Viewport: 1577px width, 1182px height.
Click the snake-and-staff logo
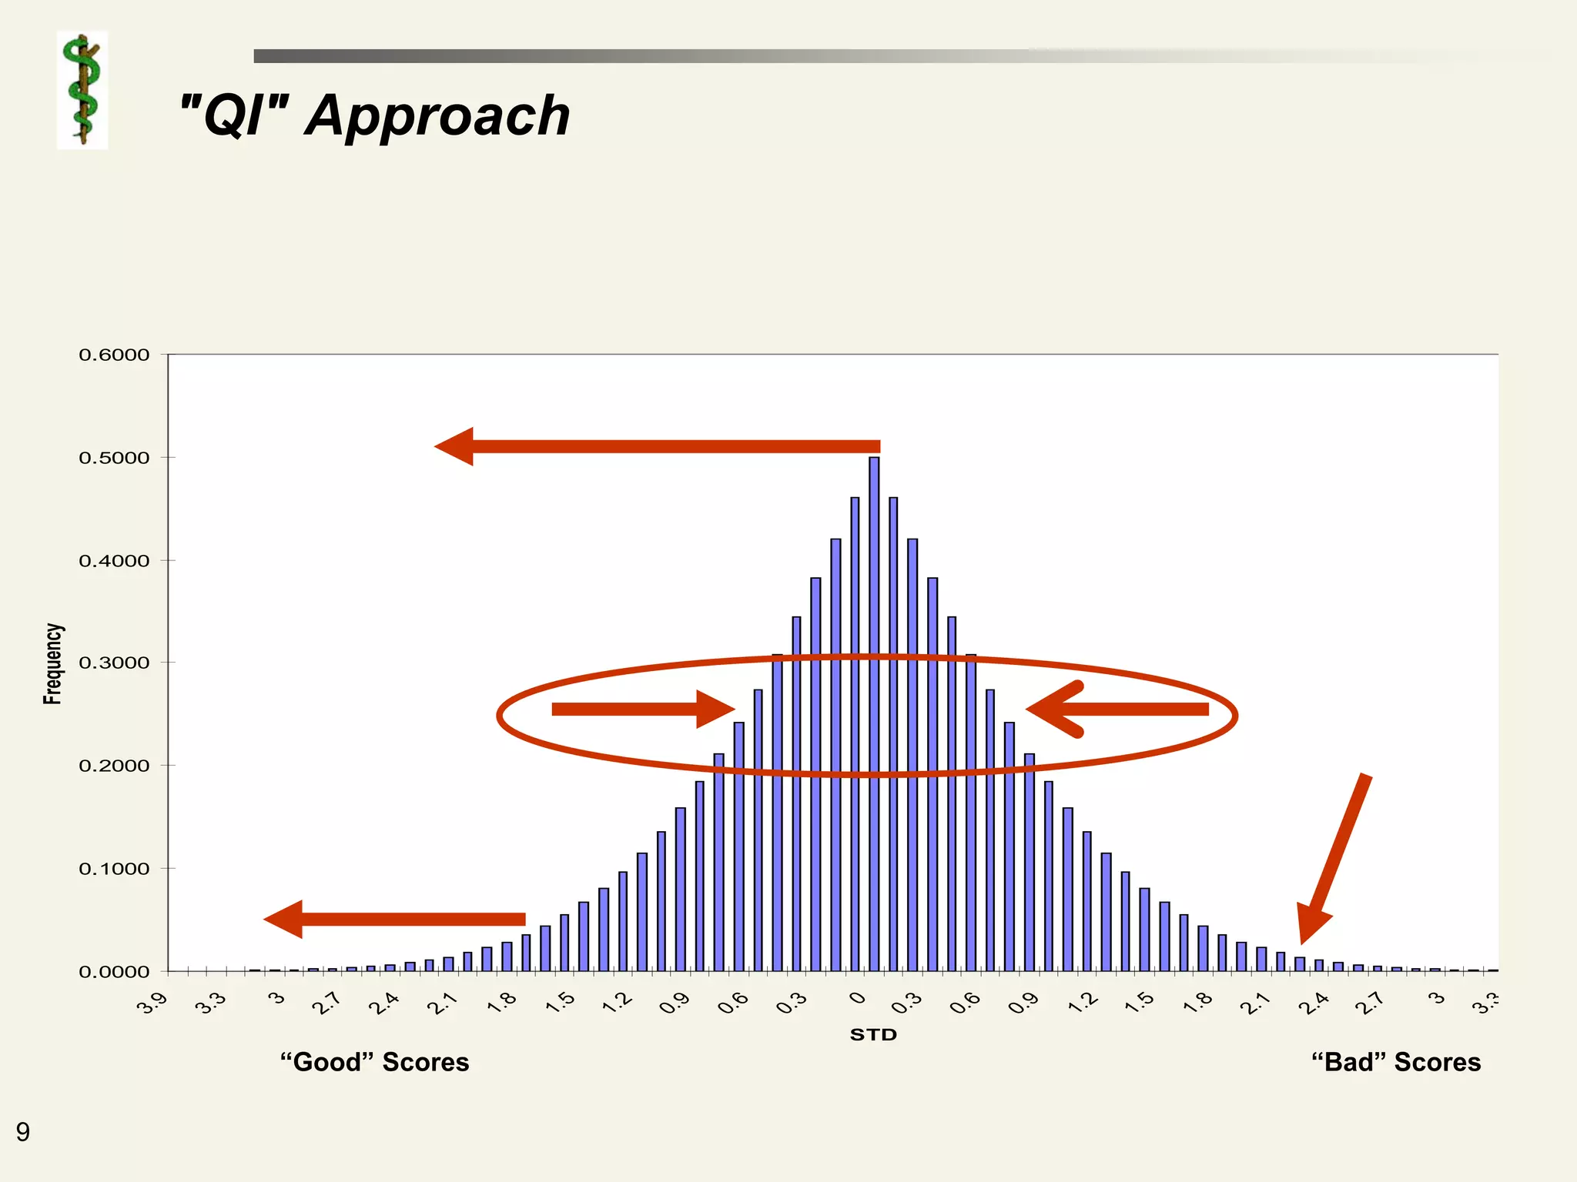click(x=82, y=90)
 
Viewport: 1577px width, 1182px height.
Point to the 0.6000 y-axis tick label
click(x=114, y=355)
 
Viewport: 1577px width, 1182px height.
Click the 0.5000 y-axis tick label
click(x=114, y=458)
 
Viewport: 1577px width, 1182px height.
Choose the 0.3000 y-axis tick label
click(x=114, y=663)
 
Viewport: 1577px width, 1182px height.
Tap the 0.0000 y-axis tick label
click(x=114, y=972)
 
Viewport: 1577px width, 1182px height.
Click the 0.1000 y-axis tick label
click(x=114, y=869)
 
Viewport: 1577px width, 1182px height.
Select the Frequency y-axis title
click(x=52, y=663)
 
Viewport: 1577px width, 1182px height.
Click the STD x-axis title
click(x=873, y=1035)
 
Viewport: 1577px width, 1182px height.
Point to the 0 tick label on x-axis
click(x=857, y=999)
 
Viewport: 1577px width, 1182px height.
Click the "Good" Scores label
click(x=374, y=1062)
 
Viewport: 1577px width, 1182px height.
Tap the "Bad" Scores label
click(x=1396, y=1062)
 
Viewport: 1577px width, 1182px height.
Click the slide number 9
click(x=23, y=1132)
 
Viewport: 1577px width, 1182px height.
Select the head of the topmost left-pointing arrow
click(x=456, y=446)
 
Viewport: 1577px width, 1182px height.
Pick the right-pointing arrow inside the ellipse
click(x=643, y=709)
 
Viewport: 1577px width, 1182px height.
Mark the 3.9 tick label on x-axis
click(x=152, y=1003)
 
